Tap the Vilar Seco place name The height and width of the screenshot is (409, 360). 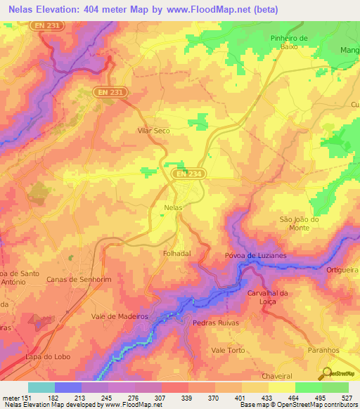pos(153,131)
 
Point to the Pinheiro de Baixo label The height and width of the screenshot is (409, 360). pos(289,41)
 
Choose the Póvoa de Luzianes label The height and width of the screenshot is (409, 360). pos(255,256)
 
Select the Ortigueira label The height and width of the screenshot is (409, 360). pos(343,270)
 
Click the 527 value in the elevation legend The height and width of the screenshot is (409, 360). pos(347,397)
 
